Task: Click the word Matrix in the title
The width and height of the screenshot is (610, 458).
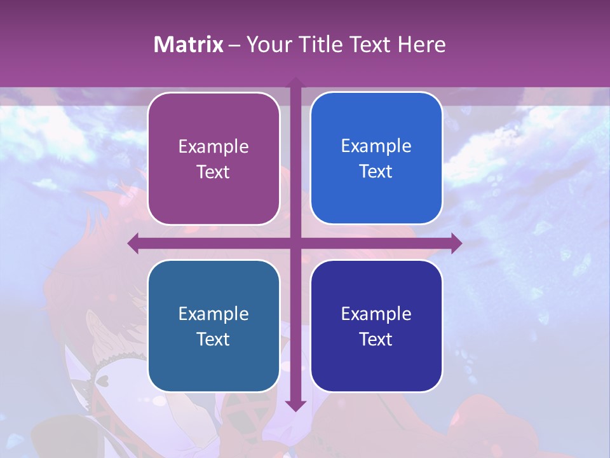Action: pyautogui.click(x=189, y=45)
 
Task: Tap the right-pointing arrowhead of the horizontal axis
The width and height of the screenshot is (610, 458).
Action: pyautogui.click(x=456, y=243)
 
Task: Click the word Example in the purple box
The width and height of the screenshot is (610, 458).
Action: pyautogui.click(x=213, y=147)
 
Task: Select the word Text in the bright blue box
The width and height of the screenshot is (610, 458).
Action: pyautogui.click(x=376, y=172)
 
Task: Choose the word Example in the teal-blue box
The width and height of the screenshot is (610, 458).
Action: pyautogui.click(x=213, y=314)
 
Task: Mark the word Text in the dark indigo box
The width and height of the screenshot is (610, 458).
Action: pyautogui.click(x=376, y=339)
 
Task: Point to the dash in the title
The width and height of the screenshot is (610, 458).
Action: pyautogui.click(x=234, y=45)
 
